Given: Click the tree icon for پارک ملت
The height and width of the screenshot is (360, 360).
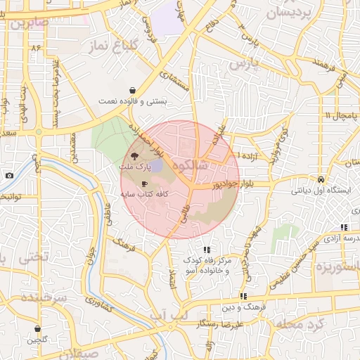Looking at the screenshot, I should coord(134,157).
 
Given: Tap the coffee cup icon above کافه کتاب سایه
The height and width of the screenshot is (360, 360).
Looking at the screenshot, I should coord(145,184).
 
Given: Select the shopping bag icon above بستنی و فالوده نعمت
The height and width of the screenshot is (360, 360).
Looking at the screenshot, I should coord(133,90).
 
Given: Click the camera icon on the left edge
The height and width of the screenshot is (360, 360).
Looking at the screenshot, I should coord(8,175).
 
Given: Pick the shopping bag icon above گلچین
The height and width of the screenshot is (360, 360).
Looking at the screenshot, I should coord(37,328).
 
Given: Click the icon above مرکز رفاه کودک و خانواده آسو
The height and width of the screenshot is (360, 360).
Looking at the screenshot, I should coord(206,250).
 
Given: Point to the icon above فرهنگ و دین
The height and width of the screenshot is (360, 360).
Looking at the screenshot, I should coord(243,297).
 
